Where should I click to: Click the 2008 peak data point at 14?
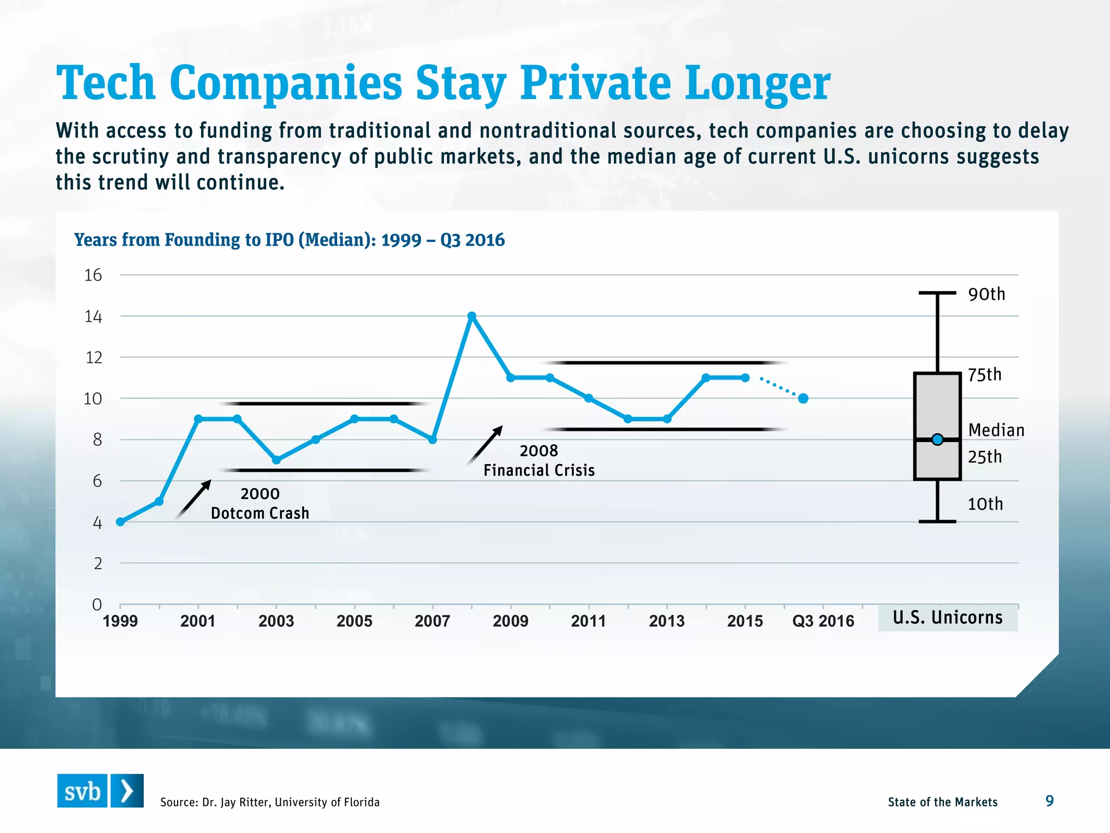point(472,316)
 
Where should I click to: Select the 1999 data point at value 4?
point(120,522)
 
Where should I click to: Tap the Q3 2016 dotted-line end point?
point(803,398)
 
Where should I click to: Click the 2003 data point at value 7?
point(276,460)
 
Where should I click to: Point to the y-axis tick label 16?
point(93,275)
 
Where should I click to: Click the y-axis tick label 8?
point(97,440)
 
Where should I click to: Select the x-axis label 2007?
point(432,621)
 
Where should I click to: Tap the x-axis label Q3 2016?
point(823,621)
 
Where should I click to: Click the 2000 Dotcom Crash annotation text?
point(260,503)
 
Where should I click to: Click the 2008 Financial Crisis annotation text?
point(539,460)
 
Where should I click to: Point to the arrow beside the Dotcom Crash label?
point(193,499)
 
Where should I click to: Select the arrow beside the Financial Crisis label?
point(485,445)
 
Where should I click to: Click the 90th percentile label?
point(986,294)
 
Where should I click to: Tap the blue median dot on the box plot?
point(937,439)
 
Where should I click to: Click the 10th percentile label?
point(985,504)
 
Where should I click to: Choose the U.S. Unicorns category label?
point(947,618)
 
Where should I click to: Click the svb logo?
point(100,791)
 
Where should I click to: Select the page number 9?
point(1049,801)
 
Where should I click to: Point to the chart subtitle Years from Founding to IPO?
point(289,240)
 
